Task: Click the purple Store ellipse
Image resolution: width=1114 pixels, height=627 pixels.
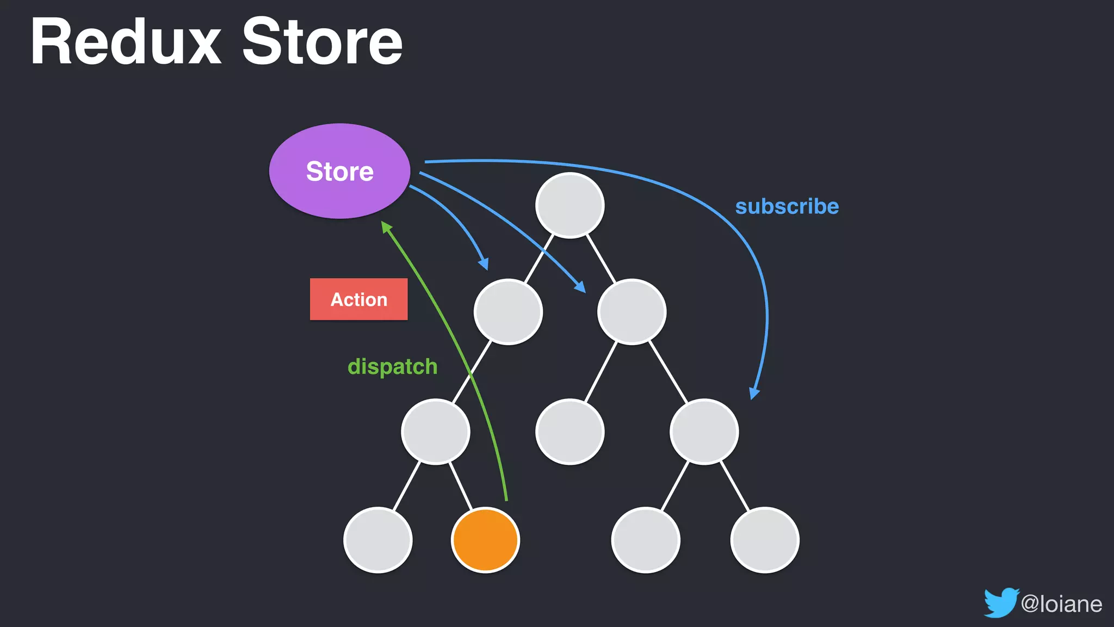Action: (x=339, y=171)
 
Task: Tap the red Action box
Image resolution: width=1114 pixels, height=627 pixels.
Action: (x=358, y=299)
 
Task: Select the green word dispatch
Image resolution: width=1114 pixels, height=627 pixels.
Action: (x=392, y=366)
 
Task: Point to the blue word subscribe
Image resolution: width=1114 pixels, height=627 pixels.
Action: (x=787, y=207)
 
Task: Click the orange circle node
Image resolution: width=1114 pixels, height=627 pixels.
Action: (x=485, y=539)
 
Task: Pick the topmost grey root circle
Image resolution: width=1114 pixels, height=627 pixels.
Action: (x=570, y=205)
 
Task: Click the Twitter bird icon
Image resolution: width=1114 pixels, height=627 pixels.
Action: (x=1000, y=603)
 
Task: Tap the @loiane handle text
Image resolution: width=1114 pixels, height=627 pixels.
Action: (x=1061, y=604)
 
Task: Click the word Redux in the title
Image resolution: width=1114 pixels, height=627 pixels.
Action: (x=125, y=42)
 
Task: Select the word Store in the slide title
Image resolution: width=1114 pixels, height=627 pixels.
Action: (x=322, y=42)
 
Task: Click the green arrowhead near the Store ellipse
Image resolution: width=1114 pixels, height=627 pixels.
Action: (x=386, y=226)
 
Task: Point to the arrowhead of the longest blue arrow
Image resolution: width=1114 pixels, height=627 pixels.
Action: (x=754, y=393)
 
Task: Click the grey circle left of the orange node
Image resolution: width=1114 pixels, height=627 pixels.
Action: (x=377, y=539)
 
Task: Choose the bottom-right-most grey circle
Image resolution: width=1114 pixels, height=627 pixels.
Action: (x=764, y=539)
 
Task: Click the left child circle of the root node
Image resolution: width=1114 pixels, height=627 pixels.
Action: (x=508, y=311)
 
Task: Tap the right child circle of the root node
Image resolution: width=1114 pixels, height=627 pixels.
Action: (x=632, y=311)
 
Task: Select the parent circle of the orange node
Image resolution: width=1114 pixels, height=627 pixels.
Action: (x=435, y=431)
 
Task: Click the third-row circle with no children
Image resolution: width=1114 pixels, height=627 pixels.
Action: (x=570, y=431)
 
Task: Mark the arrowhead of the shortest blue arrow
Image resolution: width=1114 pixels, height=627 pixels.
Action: (x=484, y=264)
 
